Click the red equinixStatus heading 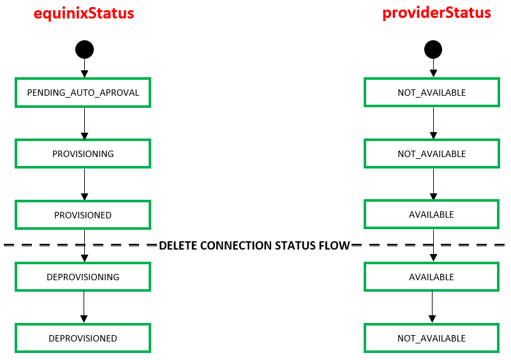click(x=84, y=13)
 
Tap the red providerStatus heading click(x=436, y=13)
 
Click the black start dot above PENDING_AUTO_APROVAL click(x=84, y=50)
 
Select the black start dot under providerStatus click(x=433, y=50)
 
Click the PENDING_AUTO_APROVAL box click(x=83, y=93)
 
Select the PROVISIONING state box click(x=83, y=154)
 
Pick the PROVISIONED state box click(x=83, y=215)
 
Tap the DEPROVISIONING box click(x=83, y=277)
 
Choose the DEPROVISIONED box click(x=83, y=338)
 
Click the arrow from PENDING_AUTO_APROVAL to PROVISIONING click(x=84, y=124)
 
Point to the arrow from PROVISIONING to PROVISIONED click(x=84, y=184)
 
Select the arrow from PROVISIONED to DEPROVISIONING click(x=84, y=246)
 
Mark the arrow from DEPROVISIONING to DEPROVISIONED click(x=84, y=307)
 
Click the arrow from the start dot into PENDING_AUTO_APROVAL click(x=84, y=68)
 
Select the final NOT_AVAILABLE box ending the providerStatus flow click(x=431, y=338)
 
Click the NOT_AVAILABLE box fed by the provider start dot click(x=432, y=93)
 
